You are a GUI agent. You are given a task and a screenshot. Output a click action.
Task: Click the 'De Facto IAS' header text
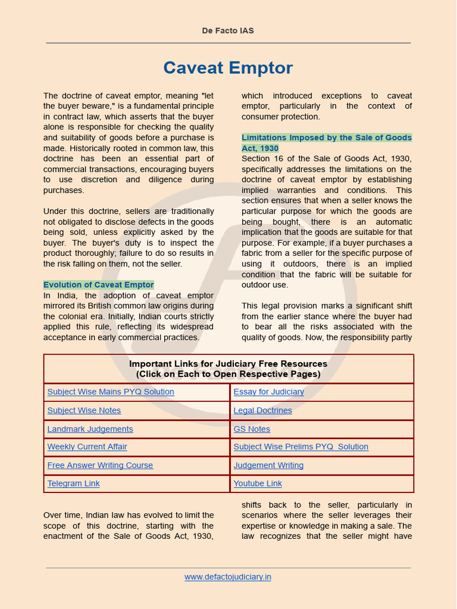pos(228,30)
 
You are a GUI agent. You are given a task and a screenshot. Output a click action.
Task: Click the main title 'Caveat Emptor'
pos(228,68)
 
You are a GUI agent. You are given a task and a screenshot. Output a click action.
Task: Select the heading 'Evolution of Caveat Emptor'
pos(98,285)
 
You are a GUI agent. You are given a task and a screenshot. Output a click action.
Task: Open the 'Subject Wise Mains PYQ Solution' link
pos(111,392)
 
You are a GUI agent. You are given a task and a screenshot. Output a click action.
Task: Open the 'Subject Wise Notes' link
pos(84,410)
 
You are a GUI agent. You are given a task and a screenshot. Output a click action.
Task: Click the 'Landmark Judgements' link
pos(90,429)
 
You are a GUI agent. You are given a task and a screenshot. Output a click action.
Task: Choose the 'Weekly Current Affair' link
pos(87,447)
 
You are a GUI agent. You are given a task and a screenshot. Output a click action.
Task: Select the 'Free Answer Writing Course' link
pos(100,465)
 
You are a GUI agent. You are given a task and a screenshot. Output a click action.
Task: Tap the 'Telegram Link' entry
pos(73,484)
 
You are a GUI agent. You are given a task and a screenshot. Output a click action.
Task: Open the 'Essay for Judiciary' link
pos(268,392)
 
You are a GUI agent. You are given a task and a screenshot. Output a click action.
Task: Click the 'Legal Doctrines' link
pos(262,410)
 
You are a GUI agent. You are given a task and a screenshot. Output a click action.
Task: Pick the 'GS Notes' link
pos(252,429)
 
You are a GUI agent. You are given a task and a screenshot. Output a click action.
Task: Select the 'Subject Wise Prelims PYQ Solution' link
pos(301,447)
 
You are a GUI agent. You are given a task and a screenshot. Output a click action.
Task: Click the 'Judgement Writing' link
pos(268,465)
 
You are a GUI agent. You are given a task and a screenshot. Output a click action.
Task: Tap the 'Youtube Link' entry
pos(258,484)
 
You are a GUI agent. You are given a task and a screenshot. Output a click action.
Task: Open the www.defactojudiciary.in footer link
pos(228,577)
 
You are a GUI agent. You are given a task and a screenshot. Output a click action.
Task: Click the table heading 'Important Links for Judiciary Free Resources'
pos(228,364)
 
